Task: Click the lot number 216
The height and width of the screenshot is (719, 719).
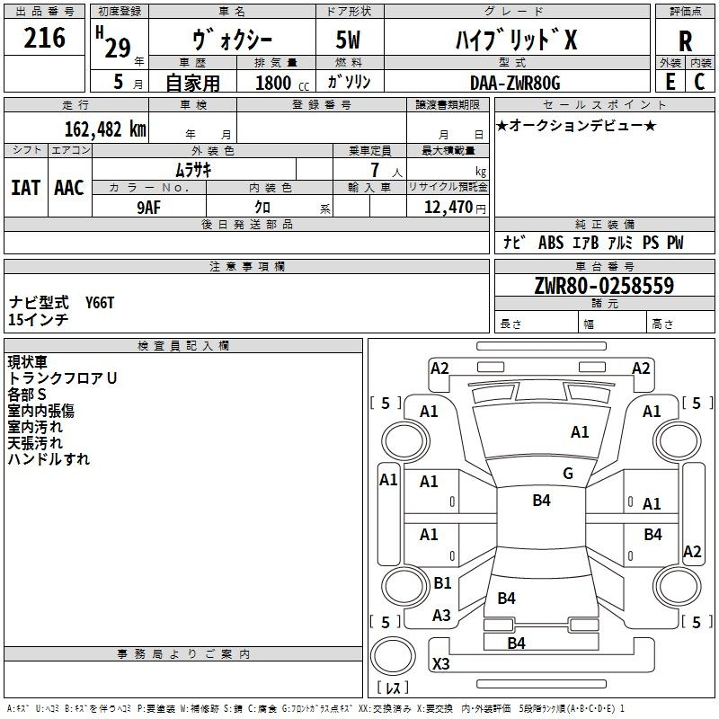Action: point(45,38)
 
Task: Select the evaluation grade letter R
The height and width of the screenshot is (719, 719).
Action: point(685,41)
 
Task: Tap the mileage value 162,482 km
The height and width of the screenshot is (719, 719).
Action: point(105,129)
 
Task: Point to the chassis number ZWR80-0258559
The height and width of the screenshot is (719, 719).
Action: point(604,286)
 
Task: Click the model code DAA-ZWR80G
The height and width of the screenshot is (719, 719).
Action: point(515,83)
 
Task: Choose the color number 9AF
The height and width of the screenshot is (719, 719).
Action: point(150,207)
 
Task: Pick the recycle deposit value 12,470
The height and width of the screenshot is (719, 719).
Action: point(447,207)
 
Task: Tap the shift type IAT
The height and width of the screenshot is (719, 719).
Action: point(25,187)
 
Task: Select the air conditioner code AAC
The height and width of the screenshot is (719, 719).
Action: point(69,187)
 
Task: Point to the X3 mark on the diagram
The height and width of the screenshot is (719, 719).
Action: point(441,664)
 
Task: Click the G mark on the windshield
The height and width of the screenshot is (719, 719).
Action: point(568,474)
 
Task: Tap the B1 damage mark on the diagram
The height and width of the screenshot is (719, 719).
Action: point(442,583)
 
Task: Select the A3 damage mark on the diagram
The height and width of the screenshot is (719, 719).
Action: point(441,616)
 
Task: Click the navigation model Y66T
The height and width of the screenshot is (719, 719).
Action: point(100,303)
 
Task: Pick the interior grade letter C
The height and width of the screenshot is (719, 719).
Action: point(699,81)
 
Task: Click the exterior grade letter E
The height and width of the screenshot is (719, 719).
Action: point(670,81)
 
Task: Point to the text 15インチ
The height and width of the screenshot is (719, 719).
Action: point(39,319)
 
